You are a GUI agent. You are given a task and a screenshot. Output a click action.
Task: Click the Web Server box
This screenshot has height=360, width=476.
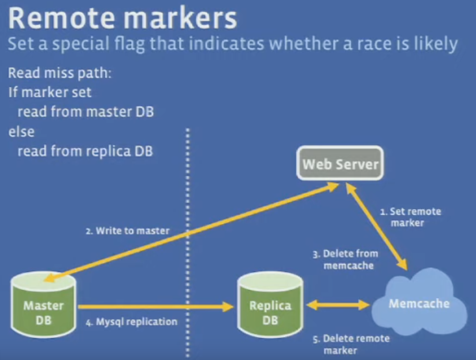point(340,164)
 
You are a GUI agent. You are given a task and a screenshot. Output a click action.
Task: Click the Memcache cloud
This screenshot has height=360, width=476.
point(419,304)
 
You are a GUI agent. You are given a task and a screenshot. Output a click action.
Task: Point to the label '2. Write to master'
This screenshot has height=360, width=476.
point(127,231)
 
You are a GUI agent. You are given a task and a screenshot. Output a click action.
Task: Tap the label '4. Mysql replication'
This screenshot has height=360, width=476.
point(131,322)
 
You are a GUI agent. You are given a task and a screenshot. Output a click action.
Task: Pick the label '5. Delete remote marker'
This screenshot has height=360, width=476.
point(352,344)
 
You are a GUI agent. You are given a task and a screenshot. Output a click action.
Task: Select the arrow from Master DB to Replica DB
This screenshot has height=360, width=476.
point(155,307)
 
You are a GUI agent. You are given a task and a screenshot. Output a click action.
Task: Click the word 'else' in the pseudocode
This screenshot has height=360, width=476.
point(21,132)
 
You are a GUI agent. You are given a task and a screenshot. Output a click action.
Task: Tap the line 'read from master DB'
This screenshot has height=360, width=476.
point(85,112)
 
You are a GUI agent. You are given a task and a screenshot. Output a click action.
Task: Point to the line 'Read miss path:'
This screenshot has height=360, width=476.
point(59,73)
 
